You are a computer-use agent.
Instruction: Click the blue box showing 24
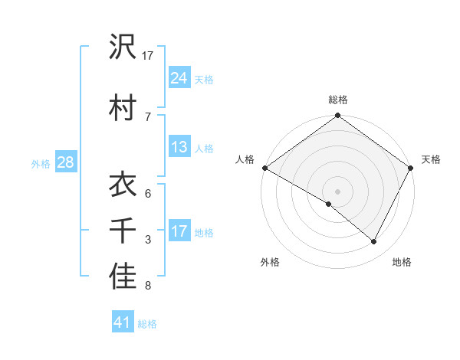pyautogui.click(x=179, y=77)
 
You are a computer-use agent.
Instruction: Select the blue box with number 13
pyautogui.click(x=179, y=147)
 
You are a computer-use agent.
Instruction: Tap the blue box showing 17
pyautogui.click(x=179, y=231)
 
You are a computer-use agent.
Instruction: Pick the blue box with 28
pyautogui.click(x=65, y=162)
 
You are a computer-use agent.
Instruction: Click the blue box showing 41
pyautogui.click(x=123, y=322)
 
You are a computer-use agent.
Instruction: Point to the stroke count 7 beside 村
pyautogui.click(x=148, y=116)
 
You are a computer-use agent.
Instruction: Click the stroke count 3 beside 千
pyautogui.click(x=148, y=240)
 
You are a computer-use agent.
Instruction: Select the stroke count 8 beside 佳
pyautogui.click(x=148, y=286)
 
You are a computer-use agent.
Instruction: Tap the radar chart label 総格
pyautogui.click(x=338, y=100)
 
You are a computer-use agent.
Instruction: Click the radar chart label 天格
pyautogui.click(x=431, y=159)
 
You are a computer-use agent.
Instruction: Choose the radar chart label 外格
pyautogui.click(x=270, y=262)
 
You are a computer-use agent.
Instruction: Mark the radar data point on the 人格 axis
pyautogui.click(x=264, y=168)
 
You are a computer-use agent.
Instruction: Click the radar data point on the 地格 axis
pyautogui.click(x=374, y=242)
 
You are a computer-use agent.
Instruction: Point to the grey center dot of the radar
pyautogui.click(x=337, y=191)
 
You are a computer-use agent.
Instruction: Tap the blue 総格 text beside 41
pyautogui.click(x=147, y=324)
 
